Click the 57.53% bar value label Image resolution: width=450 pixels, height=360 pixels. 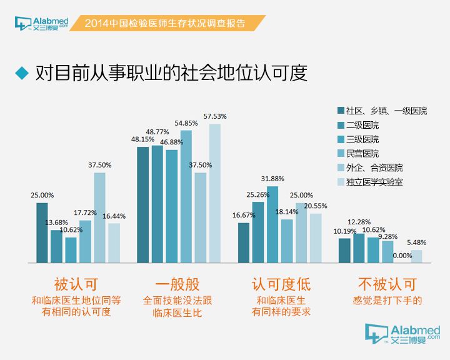[x=215, y=116]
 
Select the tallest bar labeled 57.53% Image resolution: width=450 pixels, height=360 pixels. [x=215, y=193]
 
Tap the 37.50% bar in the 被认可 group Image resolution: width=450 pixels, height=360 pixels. [x=100, y=217]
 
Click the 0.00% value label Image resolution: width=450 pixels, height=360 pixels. [x=402, y=255]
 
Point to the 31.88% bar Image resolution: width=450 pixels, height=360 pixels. [x=272, y=224]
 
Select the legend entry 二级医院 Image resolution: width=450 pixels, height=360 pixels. [x=362, y=125]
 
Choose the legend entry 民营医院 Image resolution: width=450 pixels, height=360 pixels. [x=362, y=153]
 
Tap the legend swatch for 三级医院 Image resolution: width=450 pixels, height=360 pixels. [x=341, y=139]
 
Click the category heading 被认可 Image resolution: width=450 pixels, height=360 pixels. [x=76, y=284]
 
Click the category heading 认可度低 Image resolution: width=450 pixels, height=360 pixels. [x=281, y=284]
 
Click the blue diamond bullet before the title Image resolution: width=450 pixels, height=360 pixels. [x=22, y=73]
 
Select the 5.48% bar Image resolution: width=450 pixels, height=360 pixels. [x=416, y=256]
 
